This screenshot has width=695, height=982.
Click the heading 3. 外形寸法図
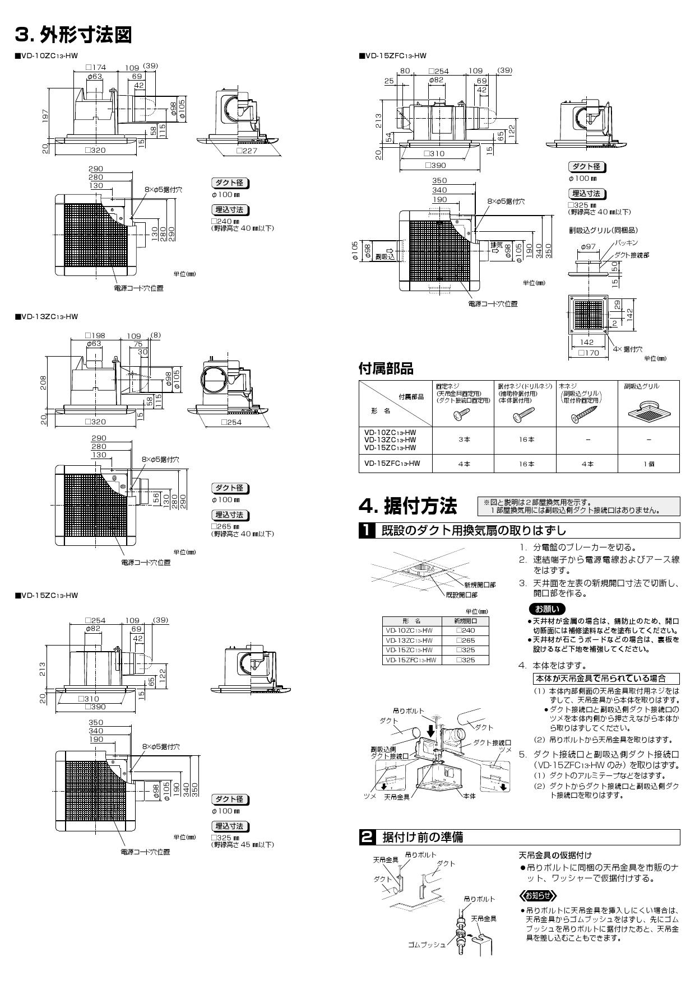point(73,35)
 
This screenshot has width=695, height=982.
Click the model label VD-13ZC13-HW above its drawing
point(47,317)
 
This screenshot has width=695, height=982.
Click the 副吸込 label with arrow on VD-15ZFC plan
point(385,256)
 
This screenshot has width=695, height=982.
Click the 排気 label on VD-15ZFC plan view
point(496,245)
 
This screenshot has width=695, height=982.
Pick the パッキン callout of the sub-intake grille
point(626,243)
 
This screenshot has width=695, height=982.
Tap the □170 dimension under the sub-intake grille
point(589,353)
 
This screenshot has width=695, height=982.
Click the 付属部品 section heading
point(386,368)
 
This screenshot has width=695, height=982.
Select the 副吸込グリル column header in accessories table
point(642,386)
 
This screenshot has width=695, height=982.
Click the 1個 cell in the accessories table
point(648,464)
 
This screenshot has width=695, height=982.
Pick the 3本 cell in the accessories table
point(464,439)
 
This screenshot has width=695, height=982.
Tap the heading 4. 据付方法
point(407,506)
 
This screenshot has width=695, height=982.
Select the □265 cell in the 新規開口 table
point(465,640)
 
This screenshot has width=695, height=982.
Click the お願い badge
point(546,609)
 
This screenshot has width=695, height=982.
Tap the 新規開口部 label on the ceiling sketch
point(479,584)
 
